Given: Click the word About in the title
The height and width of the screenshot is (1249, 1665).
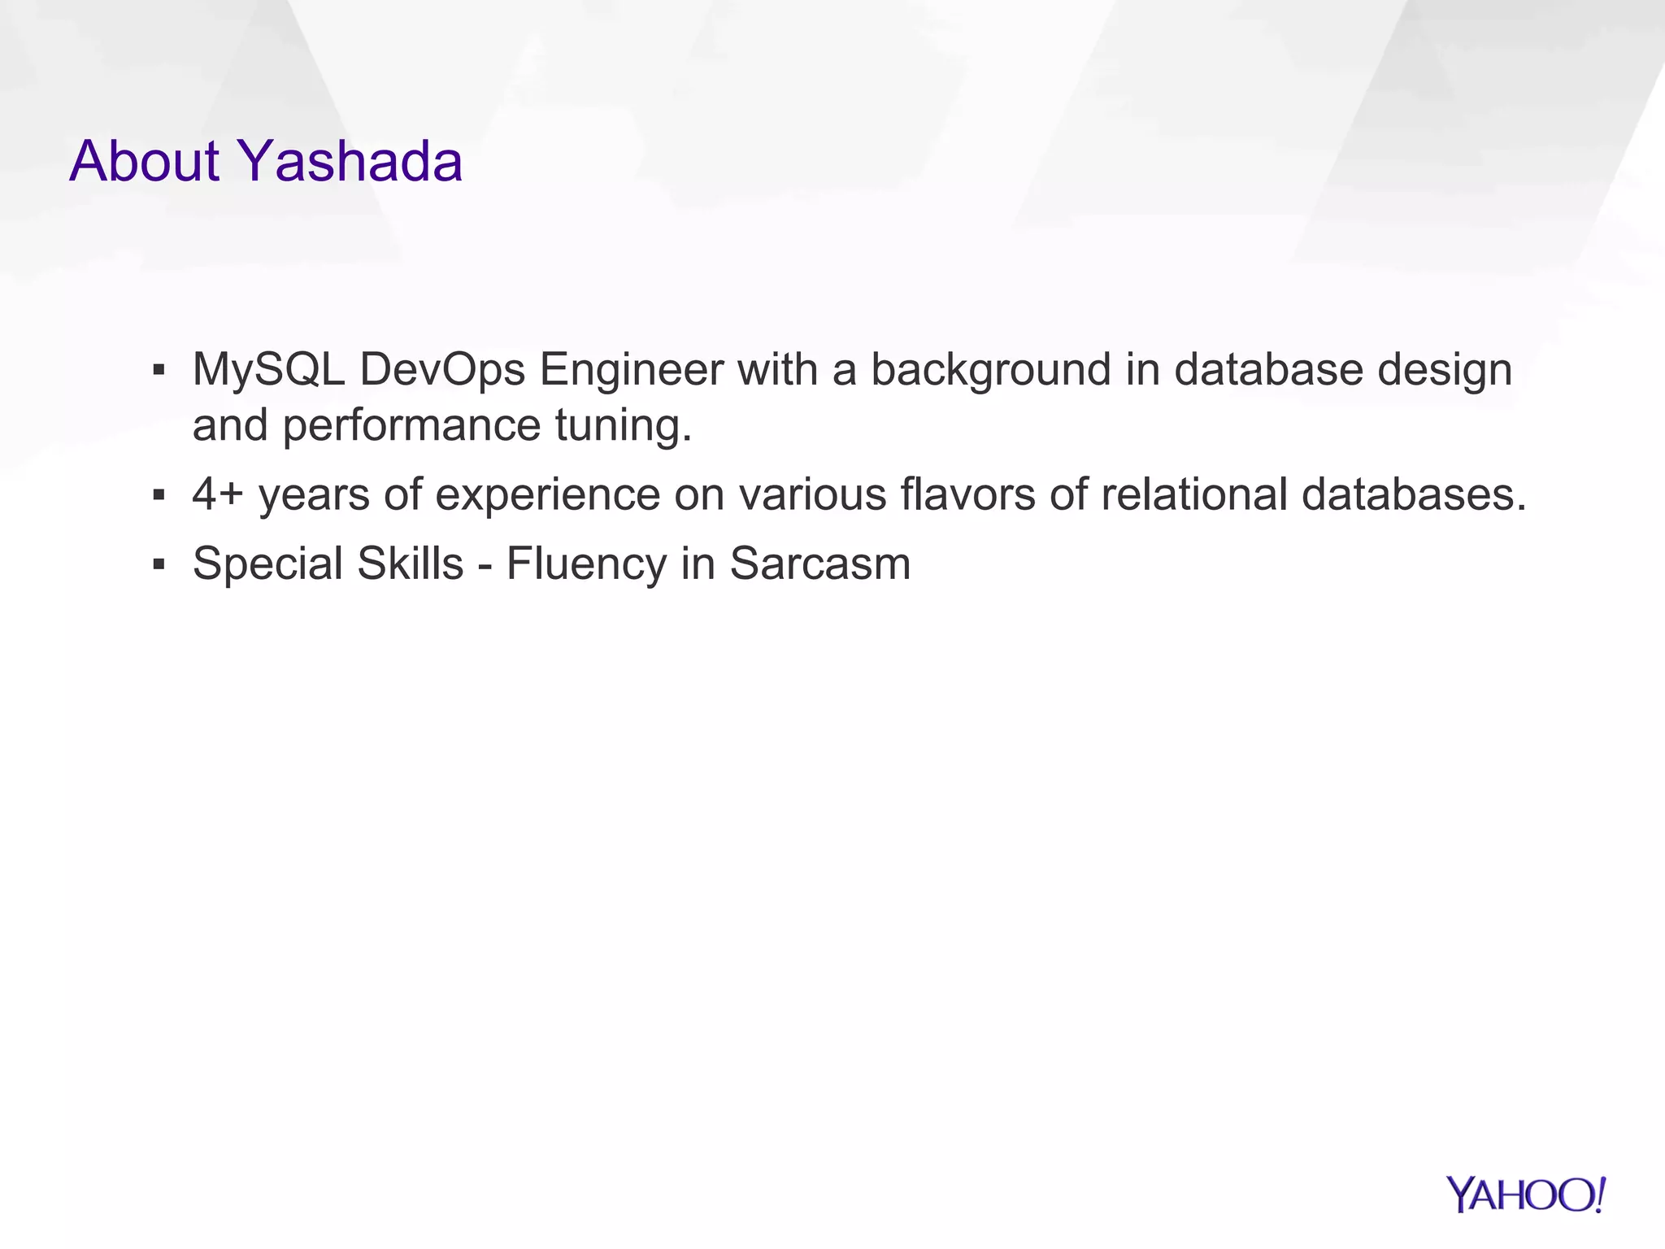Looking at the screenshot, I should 145,161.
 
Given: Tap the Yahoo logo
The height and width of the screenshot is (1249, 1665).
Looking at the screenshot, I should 1526,1195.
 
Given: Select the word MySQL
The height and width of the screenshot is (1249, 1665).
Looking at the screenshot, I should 268,370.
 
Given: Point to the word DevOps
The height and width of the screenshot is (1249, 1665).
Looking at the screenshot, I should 442,370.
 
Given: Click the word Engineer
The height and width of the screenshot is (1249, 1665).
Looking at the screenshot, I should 631,370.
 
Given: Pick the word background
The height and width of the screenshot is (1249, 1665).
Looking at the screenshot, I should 991,370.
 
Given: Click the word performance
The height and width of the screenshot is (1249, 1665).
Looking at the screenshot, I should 411,425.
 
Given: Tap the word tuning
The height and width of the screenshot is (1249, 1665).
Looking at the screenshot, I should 624,425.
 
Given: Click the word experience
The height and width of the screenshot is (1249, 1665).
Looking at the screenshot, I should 547,494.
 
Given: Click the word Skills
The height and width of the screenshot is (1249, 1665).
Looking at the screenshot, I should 410,564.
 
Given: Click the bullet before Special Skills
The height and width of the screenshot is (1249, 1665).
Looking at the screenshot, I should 159,564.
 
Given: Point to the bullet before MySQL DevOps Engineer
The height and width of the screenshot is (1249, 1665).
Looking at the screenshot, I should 159,371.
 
